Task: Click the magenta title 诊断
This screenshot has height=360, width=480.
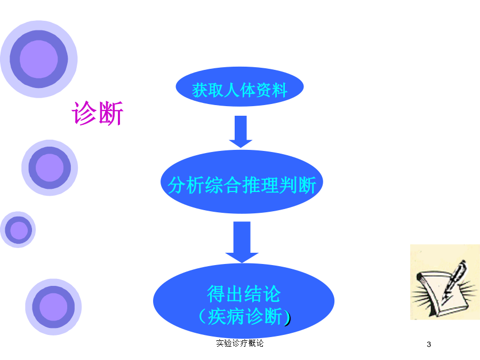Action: click(98, 113)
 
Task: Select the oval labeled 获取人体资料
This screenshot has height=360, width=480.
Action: click(239, 87)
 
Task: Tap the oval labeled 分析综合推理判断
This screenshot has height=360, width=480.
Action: click(242, 182)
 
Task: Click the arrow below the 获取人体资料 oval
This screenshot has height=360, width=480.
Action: click(241, 132)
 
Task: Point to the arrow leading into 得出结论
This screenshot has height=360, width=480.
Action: click(242, 242)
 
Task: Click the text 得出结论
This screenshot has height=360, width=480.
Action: click(244, 294)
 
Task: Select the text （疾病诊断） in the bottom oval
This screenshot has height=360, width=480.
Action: click(244, 316)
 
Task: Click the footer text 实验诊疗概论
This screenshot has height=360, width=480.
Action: click(239, 343)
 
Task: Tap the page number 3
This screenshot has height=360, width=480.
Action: click(429, 345)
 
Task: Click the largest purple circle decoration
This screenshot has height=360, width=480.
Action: click(39, 59)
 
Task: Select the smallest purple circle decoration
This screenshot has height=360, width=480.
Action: click(18, 229)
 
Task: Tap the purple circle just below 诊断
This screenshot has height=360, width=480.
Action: click(50, 168)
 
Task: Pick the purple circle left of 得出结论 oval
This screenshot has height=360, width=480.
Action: click(53, 307)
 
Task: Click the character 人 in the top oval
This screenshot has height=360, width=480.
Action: click(231, 90)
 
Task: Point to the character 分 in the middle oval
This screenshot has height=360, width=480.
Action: click(177, 185)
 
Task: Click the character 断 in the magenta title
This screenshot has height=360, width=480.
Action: click(111, 113)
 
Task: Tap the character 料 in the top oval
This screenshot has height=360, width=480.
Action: click(279, 90)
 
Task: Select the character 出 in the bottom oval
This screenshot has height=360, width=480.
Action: click(235, 294)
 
